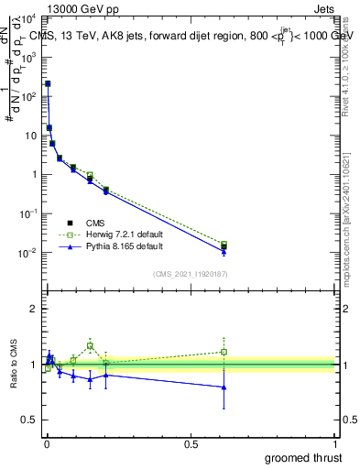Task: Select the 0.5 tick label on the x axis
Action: (191, 444)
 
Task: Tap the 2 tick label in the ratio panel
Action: (32, 309)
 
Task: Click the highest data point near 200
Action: (48, 83)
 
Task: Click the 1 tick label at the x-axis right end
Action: (335, 444)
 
